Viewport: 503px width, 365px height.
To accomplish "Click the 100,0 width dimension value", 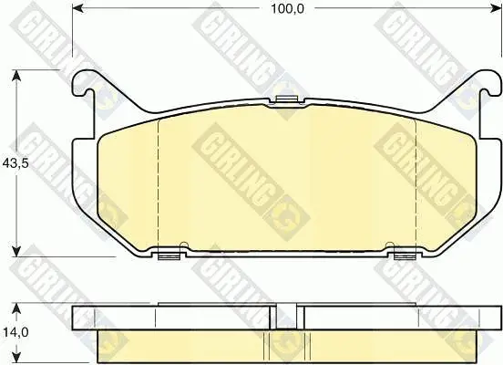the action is coord(287,9).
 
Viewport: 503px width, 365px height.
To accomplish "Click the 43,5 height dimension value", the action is coord(15,163).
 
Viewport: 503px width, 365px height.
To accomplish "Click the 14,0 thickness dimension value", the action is coord(15,332).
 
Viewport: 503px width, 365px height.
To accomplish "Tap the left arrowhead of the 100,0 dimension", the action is coord(78,9).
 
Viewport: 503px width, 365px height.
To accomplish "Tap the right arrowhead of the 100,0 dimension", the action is coord(496,9).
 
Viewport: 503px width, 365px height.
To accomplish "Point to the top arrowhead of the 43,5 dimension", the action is coord(16,77).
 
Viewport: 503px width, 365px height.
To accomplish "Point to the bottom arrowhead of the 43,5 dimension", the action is coord(16,251).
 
